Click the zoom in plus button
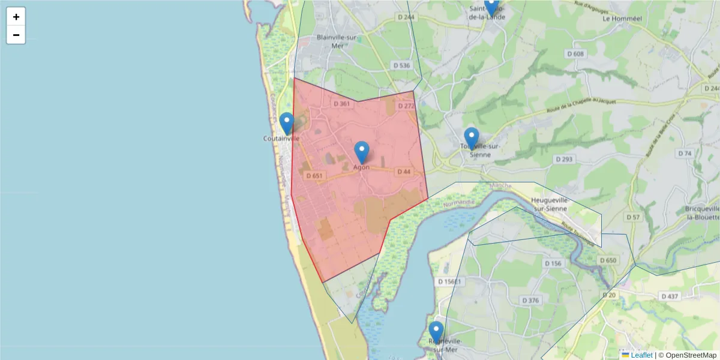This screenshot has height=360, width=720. (x=16, y=17)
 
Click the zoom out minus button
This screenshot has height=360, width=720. (x=16, y=35)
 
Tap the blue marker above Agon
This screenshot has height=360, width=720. (x=361, y=152)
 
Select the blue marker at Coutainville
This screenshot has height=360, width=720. (x=287, y=124)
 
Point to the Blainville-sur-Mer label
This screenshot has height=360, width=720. (x=337, y=41)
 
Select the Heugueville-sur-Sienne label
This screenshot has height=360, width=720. (x=557, y=205)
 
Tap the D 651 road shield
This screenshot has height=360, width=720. (x=314, y=176)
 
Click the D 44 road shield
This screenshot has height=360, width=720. (x=404, y=172)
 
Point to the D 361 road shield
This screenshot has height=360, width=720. (x=341, y=104)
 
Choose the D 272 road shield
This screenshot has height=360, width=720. (x=406, y=106)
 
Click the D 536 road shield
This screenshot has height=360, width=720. (x=401, y=65)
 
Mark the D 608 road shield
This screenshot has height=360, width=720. (x=575, y=54)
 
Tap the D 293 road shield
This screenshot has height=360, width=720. (x=564, y=160)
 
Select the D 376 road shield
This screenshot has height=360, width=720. (x=531, y=300)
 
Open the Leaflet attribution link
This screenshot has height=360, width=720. (x=641, y=355)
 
